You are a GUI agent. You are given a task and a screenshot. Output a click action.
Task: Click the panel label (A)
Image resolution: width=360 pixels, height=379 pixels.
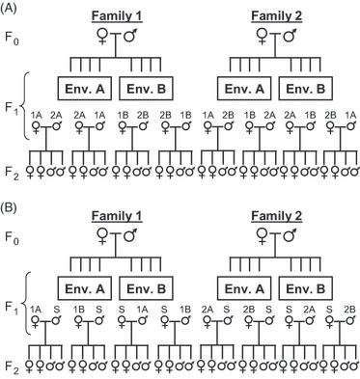tap(13, 8)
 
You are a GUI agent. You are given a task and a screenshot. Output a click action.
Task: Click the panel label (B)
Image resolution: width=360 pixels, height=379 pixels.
tap(13, 200)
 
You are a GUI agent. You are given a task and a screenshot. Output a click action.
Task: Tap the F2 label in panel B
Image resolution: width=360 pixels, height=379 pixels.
tap(14, 366)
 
